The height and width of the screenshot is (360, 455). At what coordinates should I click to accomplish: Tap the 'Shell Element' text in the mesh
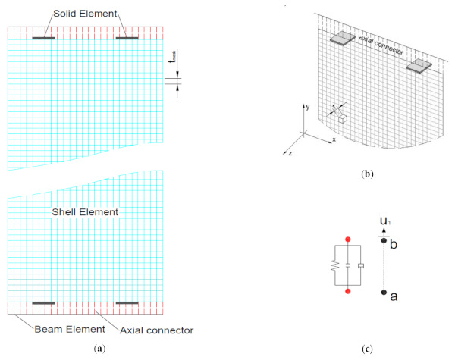(x=85, y=213)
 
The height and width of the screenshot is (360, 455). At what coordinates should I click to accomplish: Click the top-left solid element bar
(x=42, y=37)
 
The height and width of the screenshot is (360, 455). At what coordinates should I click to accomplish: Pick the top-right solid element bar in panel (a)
(x=127, y=37)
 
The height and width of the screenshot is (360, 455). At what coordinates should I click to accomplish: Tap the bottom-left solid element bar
(x=42, y=303)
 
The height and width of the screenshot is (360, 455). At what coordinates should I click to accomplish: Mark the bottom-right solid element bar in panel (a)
(x=127, y=303)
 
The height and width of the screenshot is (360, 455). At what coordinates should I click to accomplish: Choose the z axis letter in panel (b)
(x=289, y=153)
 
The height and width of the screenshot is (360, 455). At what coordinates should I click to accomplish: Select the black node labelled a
(x=385, y=292)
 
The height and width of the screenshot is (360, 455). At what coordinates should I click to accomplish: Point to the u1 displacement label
(x=386, y=221)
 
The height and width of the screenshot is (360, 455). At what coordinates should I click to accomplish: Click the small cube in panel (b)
(x=344, y=119)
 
